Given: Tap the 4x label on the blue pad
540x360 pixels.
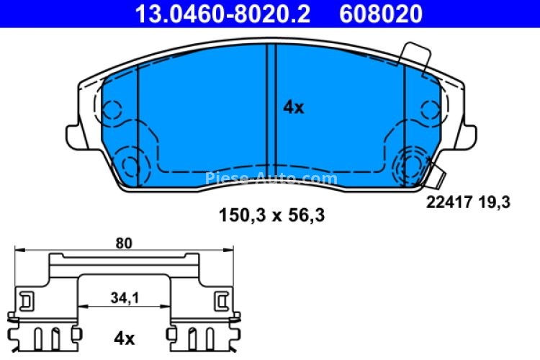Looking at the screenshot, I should pos(293,108).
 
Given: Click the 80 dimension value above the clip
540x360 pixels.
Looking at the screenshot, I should pos(124,243).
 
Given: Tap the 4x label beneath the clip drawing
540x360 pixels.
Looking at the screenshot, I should pos(125,337).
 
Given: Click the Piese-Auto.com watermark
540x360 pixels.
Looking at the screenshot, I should pos(271,178).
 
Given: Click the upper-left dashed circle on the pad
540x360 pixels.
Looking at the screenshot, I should pos(111,110).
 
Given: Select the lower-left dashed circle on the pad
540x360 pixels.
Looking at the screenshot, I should pos(130,165).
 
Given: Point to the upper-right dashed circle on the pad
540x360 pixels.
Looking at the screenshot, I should pos(431,110).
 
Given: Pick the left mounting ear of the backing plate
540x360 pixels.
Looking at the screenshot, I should pos(75,135).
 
